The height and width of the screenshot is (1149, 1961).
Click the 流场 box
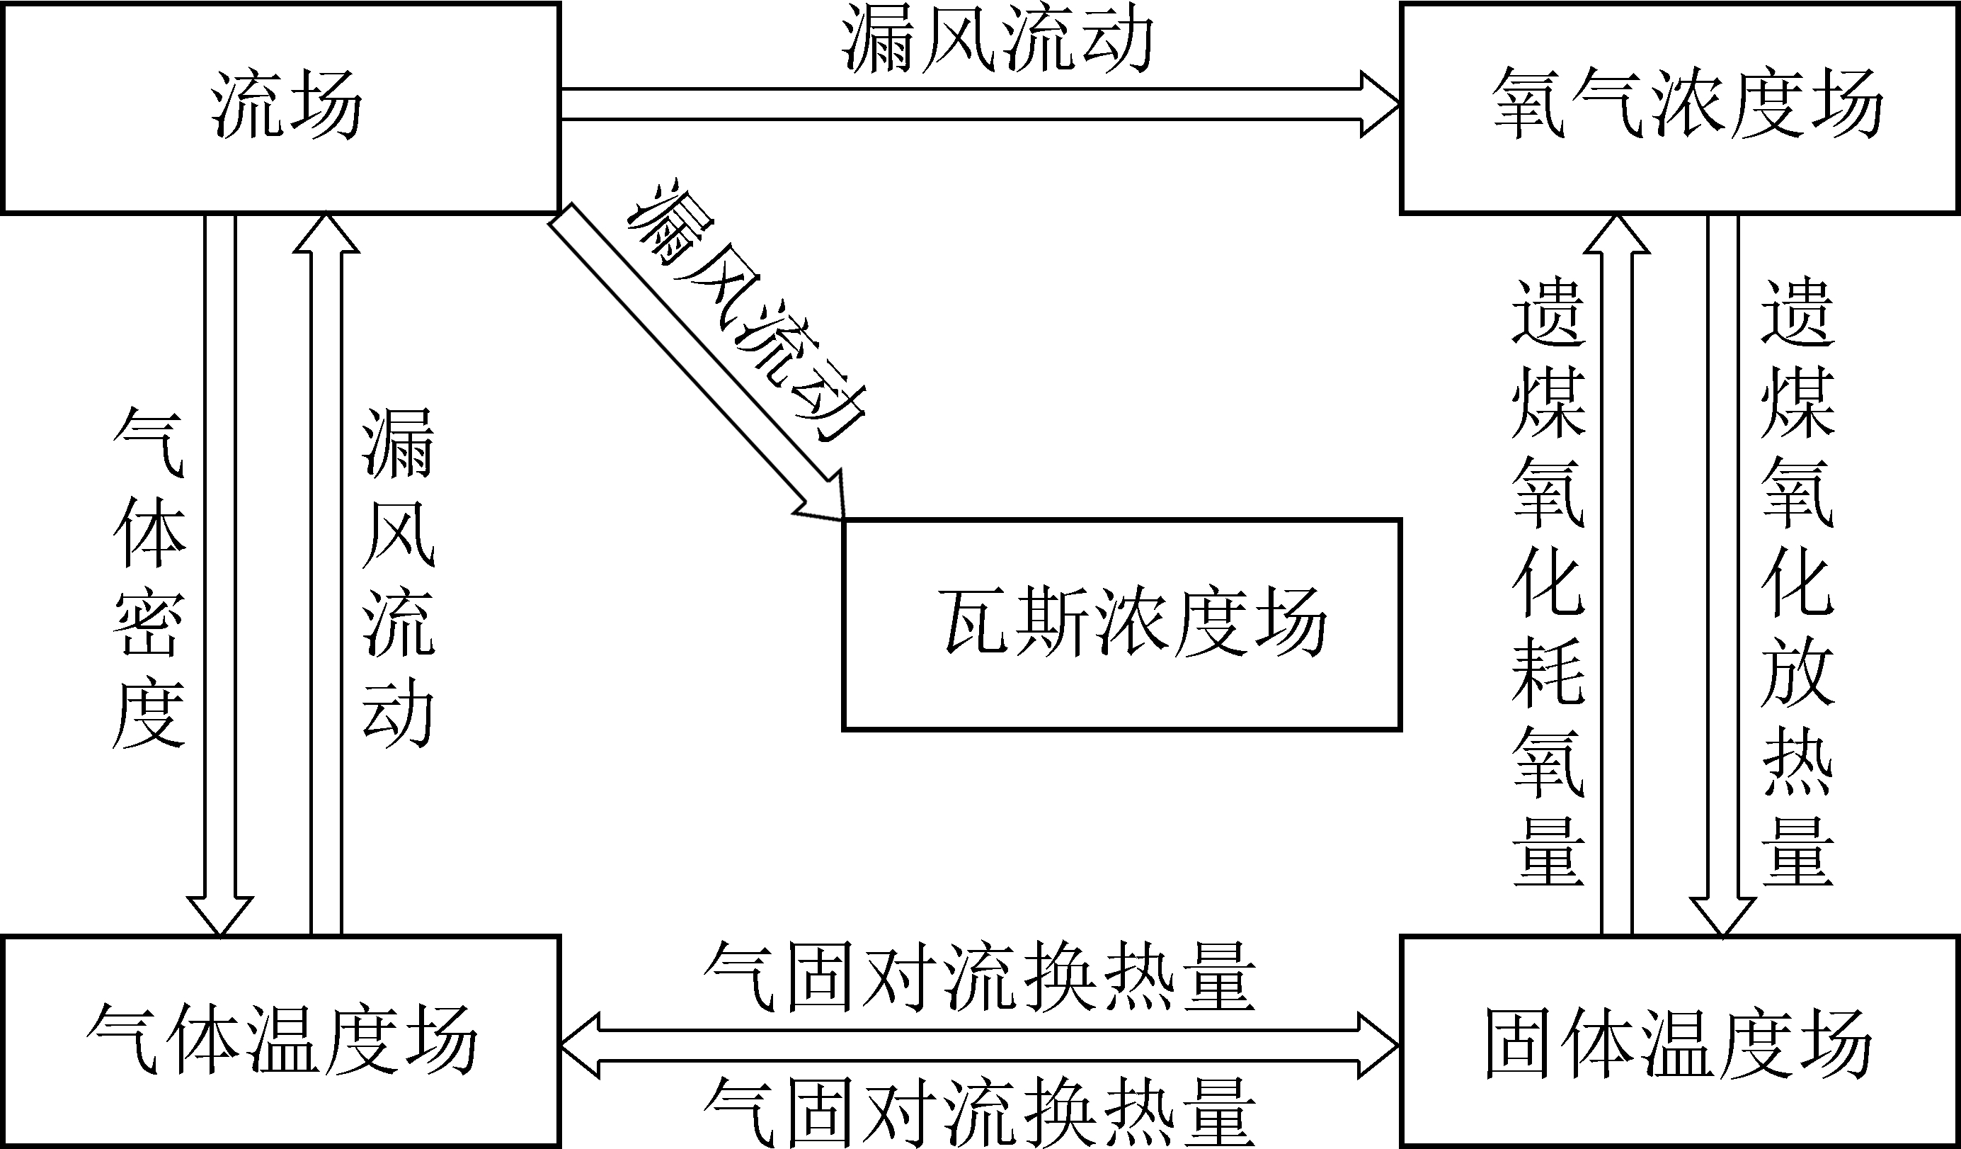point(282,108)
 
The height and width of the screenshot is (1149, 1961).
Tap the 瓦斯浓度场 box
point(1122,624)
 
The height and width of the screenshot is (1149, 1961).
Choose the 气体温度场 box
point(282,1041)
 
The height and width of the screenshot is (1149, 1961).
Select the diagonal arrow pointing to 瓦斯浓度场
point(692,362)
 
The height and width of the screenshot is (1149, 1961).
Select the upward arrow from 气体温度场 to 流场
point(326,576)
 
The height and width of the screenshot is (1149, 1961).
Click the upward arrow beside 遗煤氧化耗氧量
point(1616,576)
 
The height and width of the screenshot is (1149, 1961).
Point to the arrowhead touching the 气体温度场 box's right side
point(580,1046)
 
